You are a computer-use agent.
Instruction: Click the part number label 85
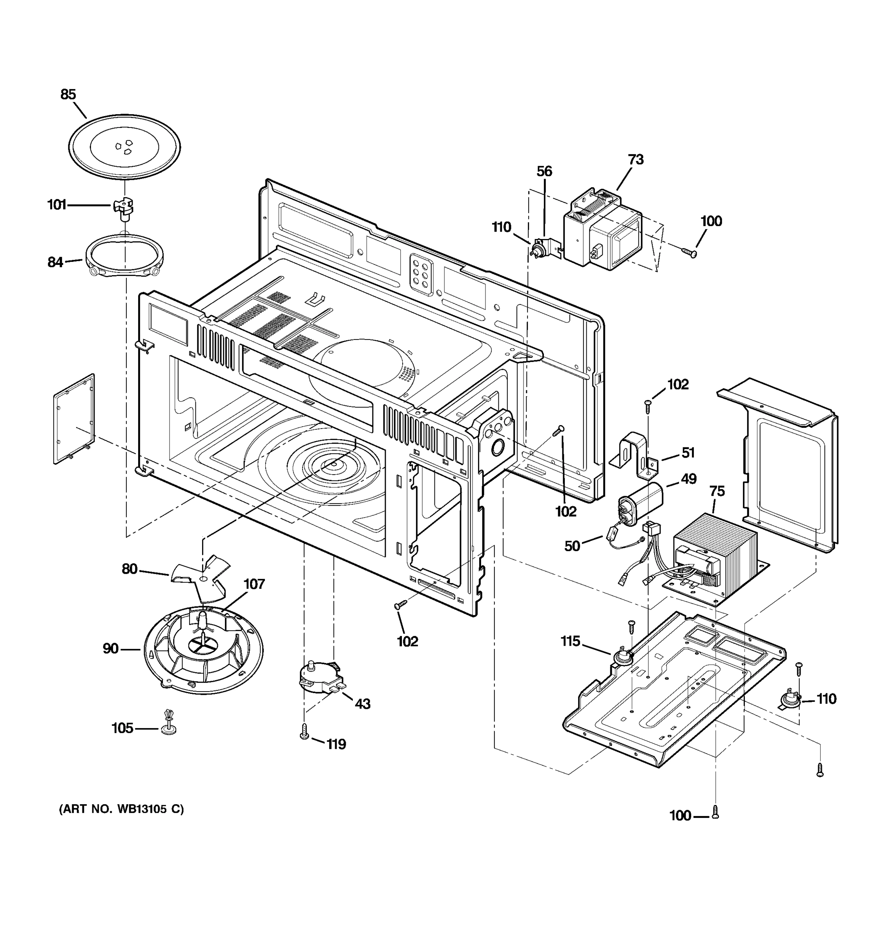pyautogui.click(x=68, y=94)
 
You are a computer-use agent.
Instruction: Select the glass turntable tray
pyautogui.click(x=124, y=146)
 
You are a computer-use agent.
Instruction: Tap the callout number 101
pyautogui.click(x=57, y=205)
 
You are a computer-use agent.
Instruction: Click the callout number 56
pyautogui.click(x=544, y=171)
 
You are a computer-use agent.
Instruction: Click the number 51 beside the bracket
pyautogui.click(x=688, y=453)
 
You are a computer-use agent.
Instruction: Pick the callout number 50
pyautogui.click(x=572, y=546)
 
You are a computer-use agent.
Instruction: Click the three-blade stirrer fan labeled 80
pyautogui.click(x=201, y=578)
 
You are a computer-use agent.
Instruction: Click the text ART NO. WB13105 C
pyautogui.click(x=121, y=809)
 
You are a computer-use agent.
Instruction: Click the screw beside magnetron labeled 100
pyautogui.click(x=689, y=252)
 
